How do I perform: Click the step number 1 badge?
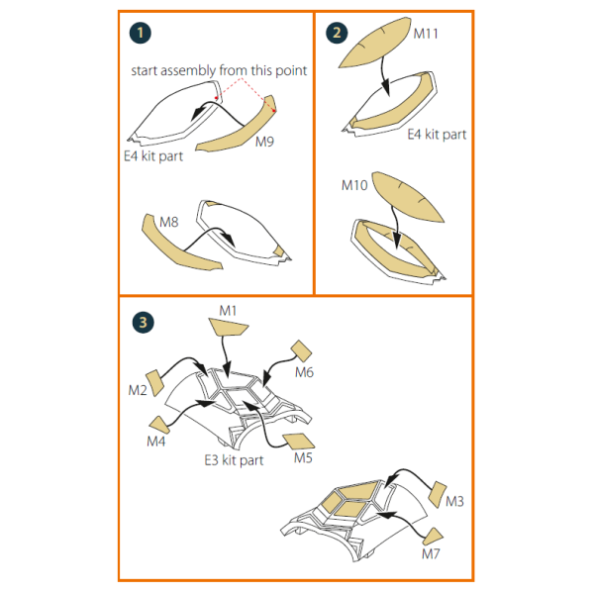coord(141,33)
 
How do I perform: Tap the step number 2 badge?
coord(337,33)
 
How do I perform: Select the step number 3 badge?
coord(144,323)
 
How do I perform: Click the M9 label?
coord(264,142)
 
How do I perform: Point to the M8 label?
coord(169,222)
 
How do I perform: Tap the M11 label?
coord(426,34)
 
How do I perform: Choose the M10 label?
coord(354,185)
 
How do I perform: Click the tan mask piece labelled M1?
coord(228,327)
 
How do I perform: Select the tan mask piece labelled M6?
coord(301,350)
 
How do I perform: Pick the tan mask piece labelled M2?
coord(155,382)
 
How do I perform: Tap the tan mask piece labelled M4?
coord(159,425)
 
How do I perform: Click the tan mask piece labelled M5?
coord(299,441)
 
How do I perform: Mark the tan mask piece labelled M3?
coord(438,494)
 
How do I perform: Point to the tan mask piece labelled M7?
coord(433,537)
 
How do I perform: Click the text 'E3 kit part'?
coord(234,460)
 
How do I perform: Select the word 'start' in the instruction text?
coord(145,71)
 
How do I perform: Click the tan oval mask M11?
coord(375,43)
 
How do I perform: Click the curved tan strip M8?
coord(177,247)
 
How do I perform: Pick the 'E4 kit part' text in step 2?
coord(437,135)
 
